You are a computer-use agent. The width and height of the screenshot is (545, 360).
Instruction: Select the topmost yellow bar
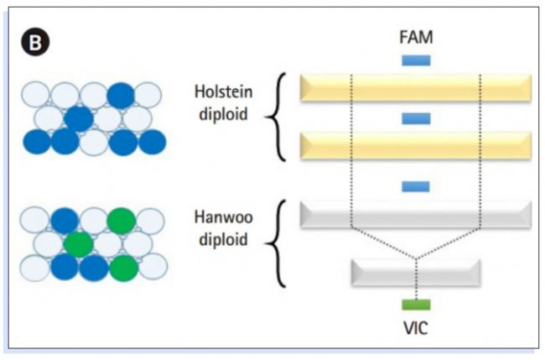416,87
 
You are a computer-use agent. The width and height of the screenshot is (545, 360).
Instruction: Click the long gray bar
416,214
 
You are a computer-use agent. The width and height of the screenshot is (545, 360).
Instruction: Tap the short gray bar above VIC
416,274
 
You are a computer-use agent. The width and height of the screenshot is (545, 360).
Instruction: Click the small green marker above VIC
416,304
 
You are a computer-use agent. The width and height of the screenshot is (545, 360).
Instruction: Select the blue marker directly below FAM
416,60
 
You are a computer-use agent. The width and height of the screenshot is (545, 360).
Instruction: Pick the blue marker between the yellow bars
416,117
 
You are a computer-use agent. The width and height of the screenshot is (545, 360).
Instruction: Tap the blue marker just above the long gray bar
416,185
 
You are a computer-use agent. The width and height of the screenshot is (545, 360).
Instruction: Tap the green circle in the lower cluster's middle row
78,244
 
